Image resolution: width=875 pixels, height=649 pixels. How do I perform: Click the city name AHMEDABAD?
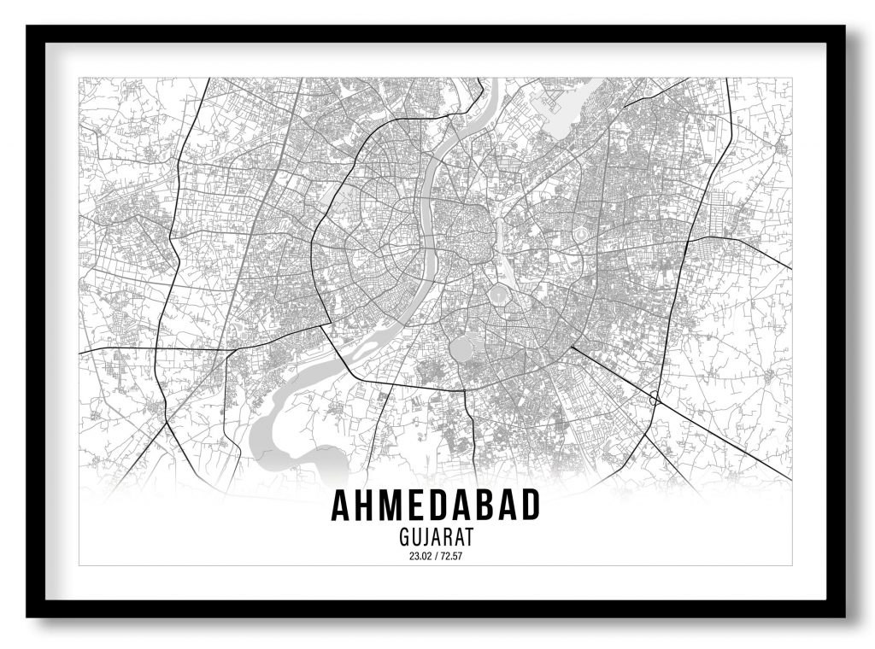point(436,506)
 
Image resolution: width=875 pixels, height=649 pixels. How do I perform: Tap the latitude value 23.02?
point(420,557)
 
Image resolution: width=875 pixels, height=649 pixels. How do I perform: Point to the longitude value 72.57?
point(451,557)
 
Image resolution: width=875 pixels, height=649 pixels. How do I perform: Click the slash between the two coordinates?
point(436,557)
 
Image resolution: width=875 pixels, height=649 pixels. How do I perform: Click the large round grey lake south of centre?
point(461,348)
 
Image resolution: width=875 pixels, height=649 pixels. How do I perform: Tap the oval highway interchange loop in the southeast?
point(655,397)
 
